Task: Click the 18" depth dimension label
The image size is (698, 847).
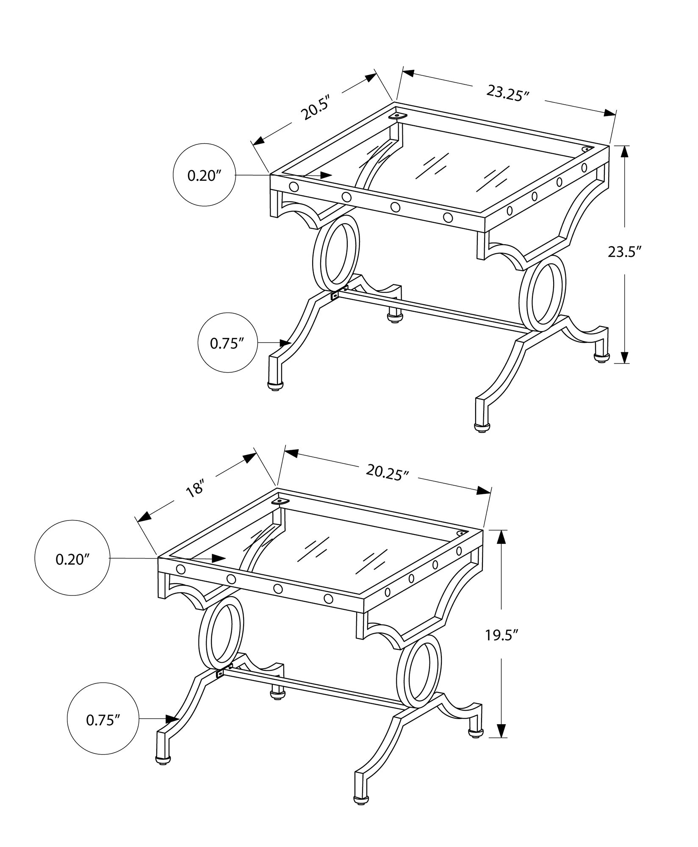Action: click(195, 490)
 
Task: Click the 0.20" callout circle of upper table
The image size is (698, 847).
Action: click(204, 176)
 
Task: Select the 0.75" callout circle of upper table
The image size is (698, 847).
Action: click(228, 343)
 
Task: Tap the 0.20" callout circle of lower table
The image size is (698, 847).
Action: click(72, 559)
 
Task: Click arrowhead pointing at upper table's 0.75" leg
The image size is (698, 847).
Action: click(284, 342)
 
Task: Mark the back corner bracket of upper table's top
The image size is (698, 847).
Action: click(397, 115)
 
